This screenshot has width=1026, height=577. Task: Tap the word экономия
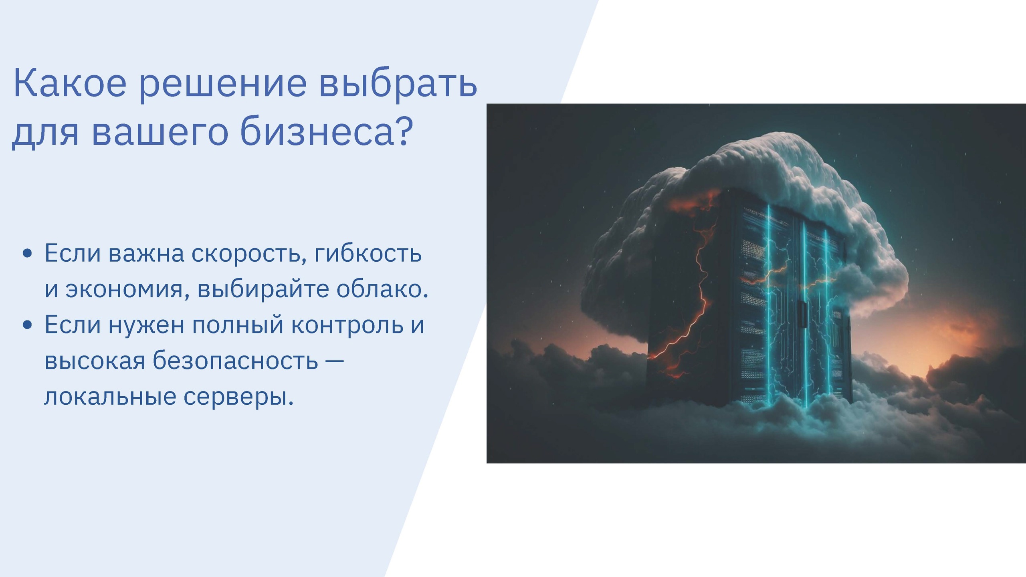pos(125,290)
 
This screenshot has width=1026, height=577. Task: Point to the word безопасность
pos(235,360)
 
